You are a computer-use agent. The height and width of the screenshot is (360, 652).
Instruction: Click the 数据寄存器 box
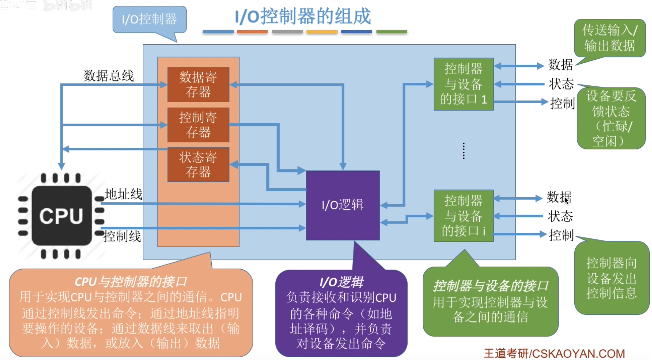[x=198, y=85]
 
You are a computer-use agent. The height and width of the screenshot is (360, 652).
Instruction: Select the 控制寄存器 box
[x=198, y=125]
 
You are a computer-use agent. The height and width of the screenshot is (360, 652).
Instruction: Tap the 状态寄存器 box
[x=198, y=165]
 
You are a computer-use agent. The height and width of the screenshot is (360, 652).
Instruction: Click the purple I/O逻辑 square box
[x=343, y=205]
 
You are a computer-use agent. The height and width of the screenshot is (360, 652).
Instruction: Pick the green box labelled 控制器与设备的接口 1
[x=463, y=84]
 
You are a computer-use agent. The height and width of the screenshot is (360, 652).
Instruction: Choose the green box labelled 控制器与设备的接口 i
[x=463, y=216]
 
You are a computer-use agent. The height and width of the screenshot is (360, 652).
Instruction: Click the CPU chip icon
[x=62, y=216]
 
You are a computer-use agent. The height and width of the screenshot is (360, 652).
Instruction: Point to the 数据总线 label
[x=108, y=76]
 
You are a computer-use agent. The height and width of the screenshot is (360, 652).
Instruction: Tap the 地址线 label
[x=123, y=194]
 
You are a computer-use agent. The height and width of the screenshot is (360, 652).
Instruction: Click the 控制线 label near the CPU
[x=122, y=237]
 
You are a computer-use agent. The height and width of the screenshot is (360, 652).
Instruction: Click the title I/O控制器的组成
[x=303, y=17]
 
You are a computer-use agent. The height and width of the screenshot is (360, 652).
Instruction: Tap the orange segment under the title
[x=252, y=32]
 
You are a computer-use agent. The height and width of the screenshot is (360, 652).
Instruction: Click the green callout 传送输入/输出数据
[x=610, y=38]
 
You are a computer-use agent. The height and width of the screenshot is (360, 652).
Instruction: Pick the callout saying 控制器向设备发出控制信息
[x=611, y=278]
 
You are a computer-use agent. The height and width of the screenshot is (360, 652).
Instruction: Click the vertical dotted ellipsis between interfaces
[x=464, y=151]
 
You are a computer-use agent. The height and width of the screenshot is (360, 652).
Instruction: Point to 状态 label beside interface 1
[x=561, y=84]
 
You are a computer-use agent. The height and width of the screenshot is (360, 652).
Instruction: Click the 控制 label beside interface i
[x=561, y=235]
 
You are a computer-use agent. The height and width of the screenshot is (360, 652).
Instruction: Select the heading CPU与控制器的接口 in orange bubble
[x=131, y=282]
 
